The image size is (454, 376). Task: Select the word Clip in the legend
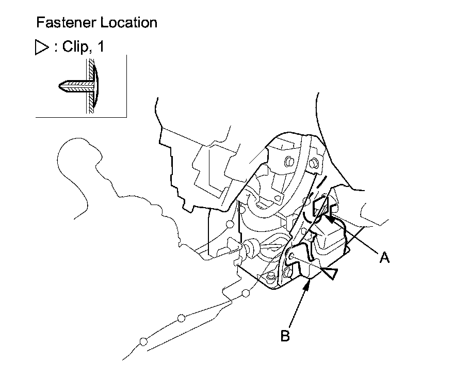pos(75,47)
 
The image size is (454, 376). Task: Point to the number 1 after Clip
pos(100,47)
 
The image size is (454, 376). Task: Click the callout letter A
pos(384,257)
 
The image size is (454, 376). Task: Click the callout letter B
pos(285,336)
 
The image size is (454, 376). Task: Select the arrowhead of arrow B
pos(309,282)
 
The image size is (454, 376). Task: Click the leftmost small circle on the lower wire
pos(143,341)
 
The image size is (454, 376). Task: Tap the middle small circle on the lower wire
pos(181,318)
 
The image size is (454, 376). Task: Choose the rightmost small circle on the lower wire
pos(246,294)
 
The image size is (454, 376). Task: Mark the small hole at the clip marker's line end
pos(292,256)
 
